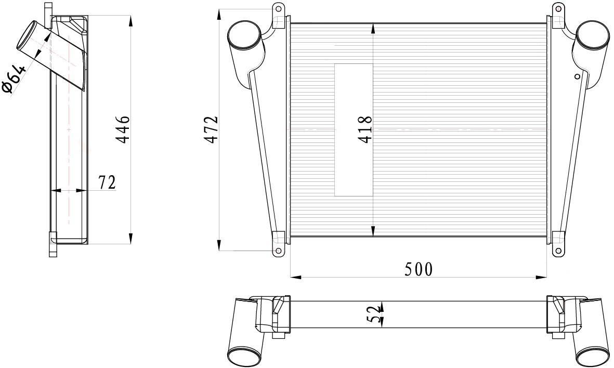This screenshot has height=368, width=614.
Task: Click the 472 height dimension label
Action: point(212,129)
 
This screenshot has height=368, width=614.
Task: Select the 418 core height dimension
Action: point(365,129)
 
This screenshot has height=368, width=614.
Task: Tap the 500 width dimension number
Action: point(419,269)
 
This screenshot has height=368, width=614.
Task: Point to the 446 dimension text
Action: point(123,129)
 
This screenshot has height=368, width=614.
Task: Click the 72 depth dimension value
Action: point(107,182)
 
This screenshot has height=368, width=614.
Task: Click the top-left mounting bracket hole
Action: point(279,8)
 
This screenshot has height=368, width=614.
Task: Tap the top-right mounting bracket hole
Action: point(558,8)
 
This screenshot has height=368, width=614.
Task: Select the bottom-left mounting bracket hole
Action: point(279,251)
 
